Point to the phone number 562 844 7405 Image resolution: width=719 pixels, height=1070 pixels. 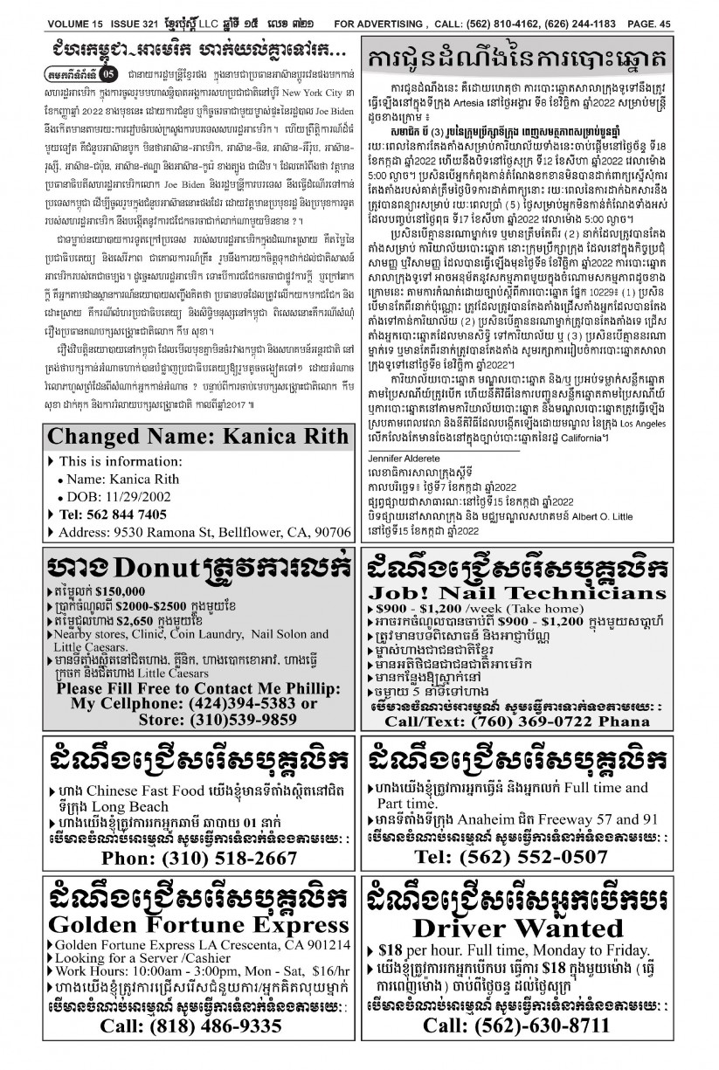click(x=124, y=514)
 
